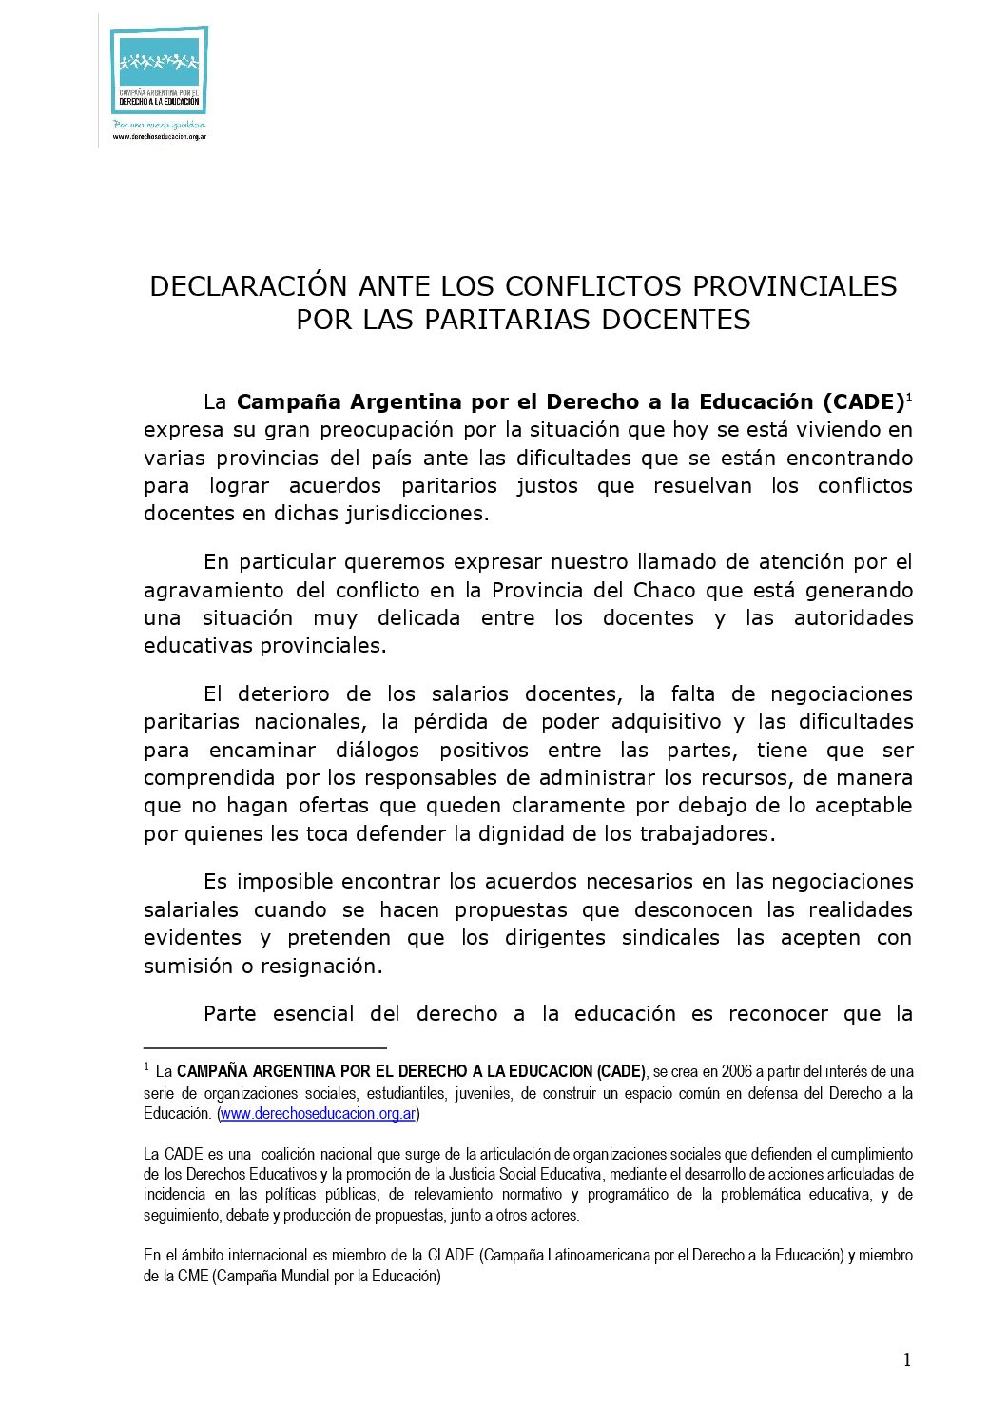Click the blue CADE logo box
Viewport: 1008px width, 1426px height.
pos(159,72)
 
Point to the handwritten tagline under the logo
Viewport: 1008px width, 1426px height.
pos(159,124)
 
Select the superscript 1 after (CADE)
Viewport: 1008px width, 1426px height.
pos(909,397)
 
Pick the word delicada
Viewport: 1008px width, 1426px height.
pos(418,618)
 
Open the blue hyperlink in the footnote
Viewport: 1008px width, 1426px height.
pos(318,1113)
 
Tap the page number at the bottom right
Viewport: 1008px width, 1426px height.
pos(906,1359)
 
